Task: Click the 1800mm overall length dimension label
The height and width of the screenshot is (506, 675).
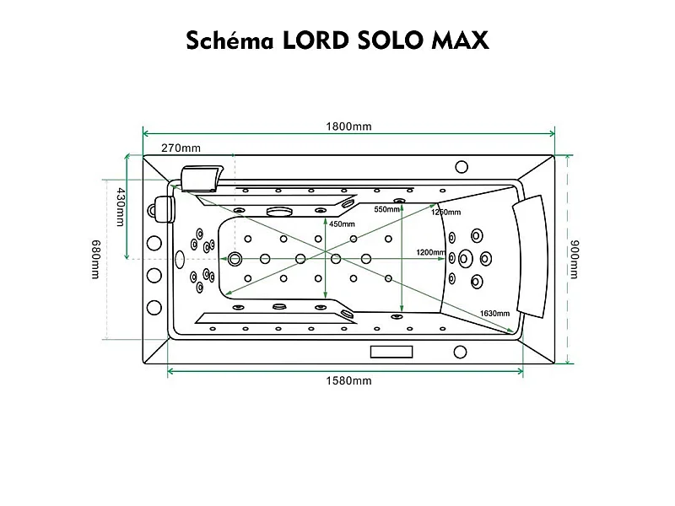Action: click(x=348, y=126)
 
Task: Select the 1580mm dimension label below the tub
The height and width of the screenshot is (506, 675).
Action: click(x=348, y=380)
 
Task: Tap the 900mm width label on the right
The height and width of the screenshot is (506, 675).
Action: click(x=575, y=258)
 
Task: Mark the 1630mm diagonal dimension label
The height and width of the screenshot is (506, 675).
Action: click(x=494, y=314)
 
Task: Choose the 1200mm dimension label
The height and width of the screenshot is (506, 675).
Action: click(x=430, y=252)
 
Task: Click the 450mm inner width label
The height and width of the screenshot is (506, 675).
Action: click(x=341, y=224)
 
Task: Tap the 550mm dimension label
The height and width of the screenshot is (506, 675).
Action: click(x=386, y=209)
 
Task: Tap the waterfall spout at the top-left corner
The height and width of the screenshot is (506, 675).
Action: click(x=201, y=178)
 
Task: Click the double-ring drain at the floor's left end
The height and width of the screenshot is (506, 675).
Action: click(x=235, y=258)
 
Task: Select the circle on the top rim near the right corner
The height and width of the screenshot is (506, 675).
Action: click(x=462, y=167)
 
